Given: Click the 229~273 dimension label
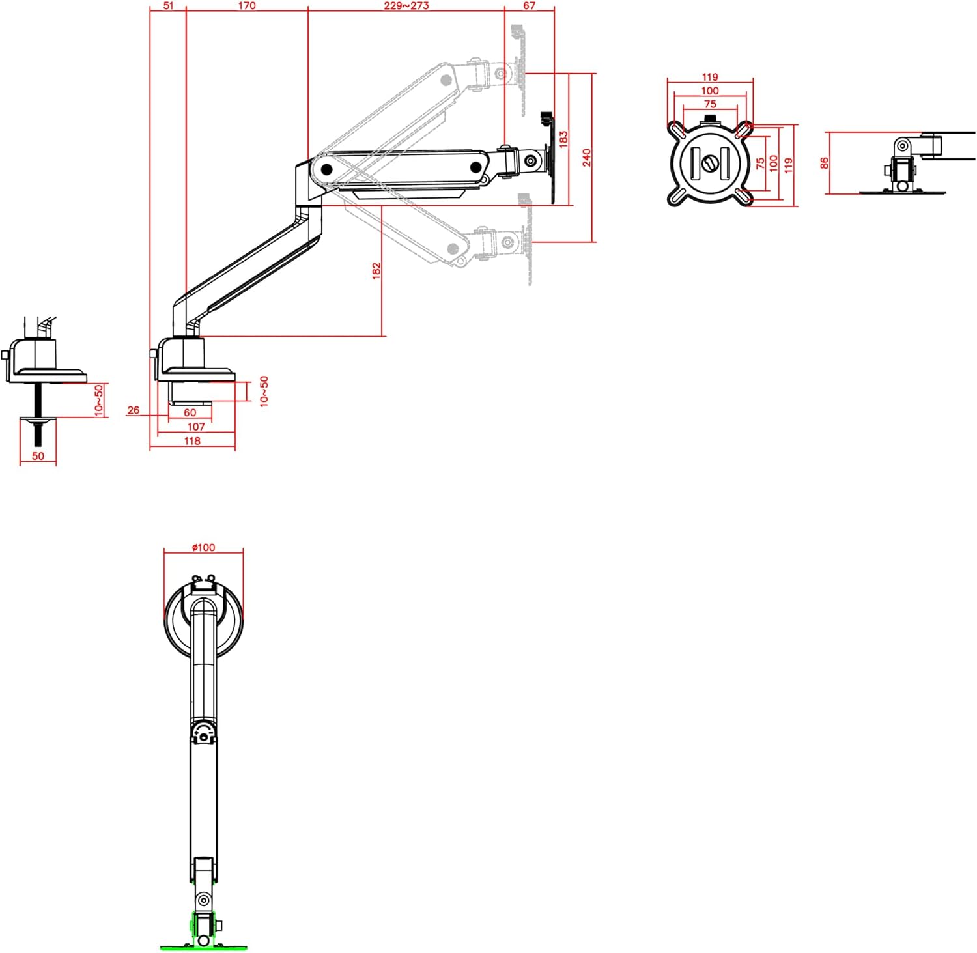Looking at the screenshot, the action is [406, 6].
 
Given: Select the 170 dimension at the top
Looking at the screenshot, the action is [247, 6].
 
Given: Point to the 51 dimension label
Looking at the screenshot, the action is [168, 6].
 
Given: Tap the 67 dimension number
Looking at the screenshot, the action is [529, 6].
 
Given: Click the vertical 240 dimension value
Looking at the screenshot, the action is [586, 158].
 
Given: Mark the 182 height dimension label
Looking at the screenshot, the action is [376, 271].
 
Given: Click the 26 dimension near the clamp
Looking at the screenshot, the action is [134, 410].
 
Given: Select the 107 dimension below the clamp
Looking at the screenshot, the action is [196, 427].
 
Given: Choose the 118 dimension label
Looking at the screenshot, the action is [192, 441].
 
